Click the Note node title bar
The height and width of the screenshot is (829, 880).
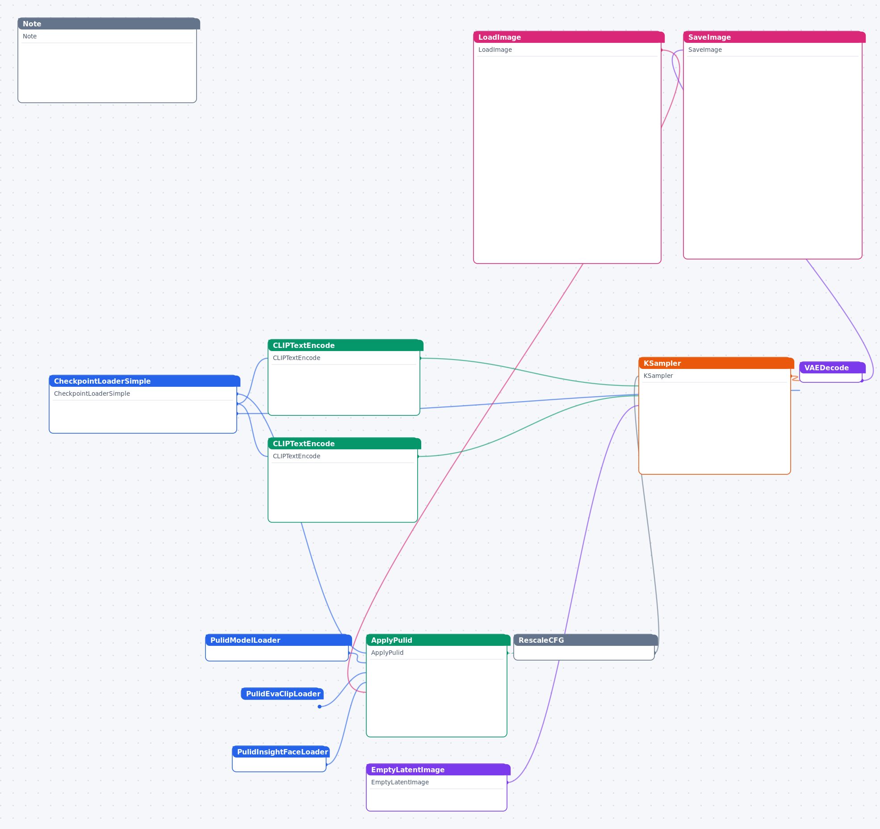[109, 24]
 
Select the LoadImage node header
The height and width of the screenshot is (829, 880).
[569, 37]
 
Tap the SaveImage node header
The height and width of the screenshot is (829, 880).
[774, 37]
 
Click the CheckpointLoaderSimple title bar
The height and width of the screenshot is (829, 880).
[144, 381]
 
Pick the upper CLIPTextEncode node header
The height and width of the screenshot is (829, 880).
[345, 345]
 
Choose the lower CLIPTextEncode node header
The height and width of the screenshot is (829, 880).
[344, 444]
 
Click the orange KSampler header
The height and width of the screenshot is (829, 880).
[716, 363]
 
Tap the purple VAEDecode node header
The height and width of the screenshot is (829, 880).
[832, 368]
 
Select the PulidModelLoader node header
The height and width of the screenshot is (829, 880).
[278, 640]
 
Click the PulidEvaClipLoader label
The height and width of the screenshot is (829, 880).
[283, 694]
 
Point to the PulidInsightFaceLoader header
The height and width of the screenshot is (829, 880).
[281, 752]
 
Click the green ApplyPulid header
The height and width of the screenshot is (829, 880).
[438, 640]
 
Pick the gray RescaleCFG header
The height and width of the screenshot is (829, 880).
[586, 640]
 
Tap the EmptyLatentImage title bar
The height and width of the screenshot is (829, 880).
[438, 770]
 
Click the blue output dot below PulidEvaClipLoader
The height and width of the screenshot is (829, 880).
[319, 707]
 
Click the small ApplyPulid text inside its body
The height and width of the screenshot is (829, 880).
[387, 653]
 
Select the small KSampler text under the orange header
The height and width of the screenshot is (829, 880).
[658, 376]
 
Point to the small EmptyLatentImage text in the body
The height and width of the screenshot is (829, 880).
[400, 782]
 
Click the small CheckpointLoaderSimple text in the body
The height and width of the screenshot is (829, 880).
[92, 394]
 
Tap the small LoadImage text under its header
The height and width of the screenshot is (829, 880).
[495, 50]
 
